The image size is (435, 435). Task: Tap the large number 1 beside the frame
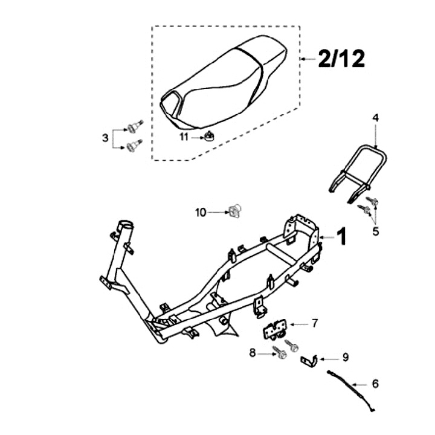[x=341, y=237]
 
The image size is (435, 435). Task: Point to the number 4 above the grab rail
[x=375, y=118]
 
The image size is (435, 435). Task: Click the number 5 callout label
[x=375, y=231]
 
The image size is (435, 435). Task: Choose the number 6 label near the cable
[x=376, y=383]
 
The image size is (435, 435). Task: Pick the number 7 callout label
[x=314, y=324]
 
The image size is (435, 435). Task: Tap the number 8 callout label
[x=252, y=352]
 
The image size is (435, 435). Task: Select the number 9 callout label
[x=346, y=357]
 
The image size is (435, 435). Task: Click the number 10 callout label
[x=201, y=212]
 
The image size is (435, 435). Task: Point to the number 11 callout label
[x=184, y=137]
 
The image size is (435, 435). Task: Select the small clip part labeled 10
[x=234, y=211]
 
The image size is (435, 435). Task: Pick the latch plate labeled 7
[x=275, y=330]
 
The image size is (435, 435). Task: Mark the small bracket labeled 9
[x=310, y=361]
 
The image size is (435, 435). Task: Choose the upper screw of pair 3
[x=134, y=126]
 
